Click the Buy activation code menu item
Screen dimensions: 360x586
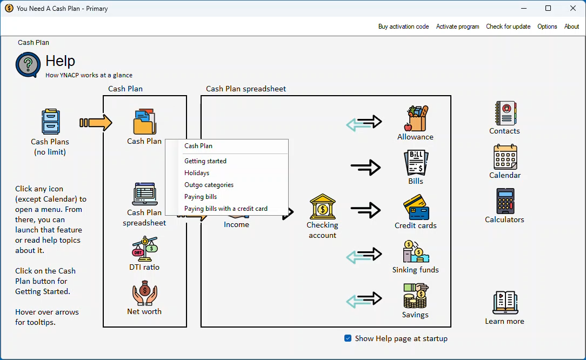403,26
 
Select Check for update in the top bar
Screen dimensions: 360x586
508,26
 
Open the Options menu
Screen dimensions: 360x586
547,26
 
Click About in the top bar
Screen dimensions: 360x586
571,26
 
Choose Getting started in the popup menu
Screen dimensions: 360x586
205,161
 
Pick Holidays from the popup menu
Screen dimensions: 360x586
197,173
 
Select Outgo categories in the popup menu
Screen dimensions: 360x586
209,185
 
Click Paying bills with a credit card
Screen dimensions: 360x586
226,209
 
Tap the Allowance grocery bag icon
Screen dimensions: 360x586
416,118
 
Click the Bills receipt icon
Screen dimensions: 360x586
416,163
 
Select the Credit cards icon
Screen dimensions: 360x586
416,207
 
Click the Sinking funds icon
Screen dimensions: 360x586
416,252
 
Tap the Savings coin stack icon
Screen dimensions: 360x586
416,296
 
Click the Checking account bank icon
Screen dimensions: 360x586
322,207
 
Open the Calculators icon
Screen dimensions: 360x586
505,201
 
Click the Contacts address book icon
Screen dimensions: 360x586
505,113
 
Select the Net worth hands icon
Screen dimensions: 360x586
144,293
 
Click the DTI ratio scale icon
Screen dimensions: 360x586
144,249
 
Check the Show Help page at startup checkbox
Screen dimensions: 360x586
348,338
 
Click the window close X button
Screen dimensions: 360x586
573,8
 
